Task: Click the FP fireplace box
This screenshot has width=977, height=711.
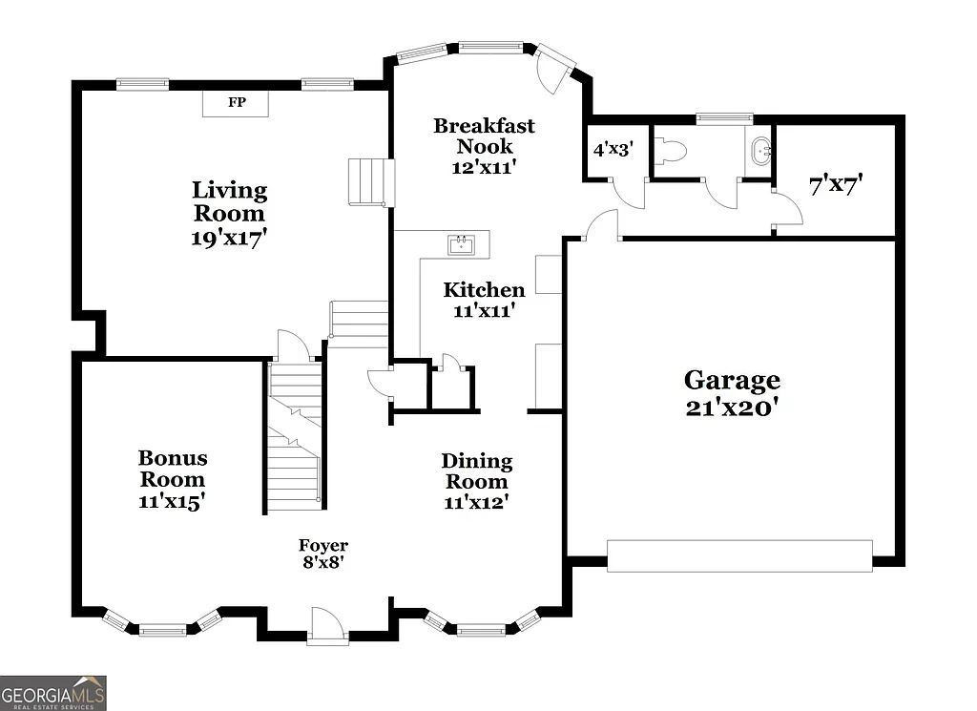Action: tap(235, 102)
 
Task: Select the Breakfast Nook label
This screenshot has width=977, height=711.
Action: tap(484, 136)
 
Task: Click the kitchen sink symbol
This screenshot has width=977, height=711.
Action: tap(463, 245)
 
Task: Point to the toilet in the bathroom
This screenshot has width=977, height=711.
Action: tap(673, 152)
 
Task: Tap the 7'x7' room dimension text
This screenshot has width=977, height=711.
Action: tap(836, 185)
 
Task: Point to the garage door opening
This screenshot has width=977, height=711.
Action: tap(739, 556)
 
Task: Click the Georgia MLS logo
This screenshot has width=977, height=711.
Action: tap(53, 693)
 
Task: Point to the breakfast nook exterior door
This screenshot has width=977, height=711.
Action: tap(555, 67)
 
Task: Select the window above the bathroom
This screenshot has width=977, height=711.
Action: tap(724, 118)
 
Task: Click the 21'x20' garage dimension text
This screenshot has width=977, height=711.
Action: tap(732, 408)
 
